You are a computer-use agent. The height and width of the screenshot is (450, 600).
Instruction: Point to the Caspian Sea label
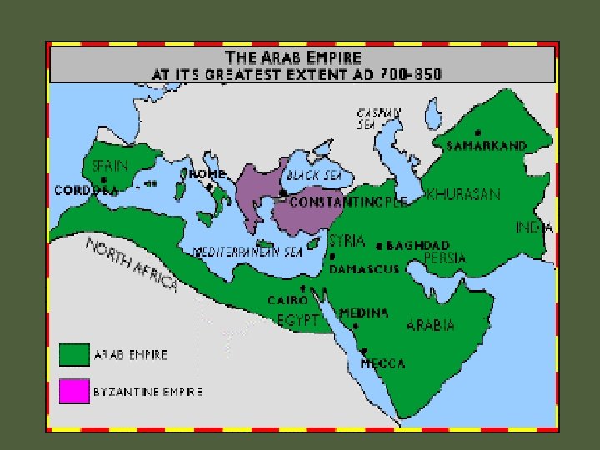point(379,118)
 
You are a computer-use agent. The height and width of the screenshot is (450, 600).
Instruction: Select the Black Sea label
point(313,177)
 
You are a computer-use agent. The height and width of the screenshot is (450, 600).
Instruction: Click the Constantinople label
point(348,202)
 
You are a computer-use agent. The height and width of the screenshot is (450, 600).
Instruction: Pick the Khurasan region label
point(463,195)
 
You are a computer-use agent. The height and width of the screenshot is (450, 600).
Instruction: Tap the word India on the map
point(534,227)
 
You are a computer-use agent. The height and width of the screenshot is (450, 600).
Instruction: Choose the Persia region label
point(445,258)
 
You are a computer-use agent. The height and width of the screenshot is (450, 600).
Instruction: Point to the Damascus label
point(364,269)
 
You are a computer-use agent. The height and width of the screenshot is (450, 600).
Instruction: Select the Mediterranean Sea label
point(247,252)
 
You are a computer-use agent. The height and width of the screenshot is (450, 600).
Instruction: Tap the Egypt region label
point(298,318)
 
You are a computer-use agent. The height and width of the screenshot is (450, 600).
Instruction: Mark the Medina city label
point(363,313)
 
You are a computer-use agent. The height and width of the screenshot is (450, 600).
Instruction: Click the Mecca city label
point(382,363)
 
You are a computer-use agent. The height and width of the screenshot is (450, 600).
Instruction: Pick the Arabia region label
point(430,325)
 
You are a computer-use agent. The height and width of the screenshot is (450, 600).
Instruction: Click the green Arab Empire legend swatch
point(73,354)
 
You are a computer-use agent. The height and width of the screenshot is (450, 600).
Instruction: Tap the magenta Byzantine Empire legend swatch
point(73,391)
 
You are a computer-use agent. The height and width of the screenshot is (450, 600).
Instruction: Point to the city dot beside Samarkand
point(477,132)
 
